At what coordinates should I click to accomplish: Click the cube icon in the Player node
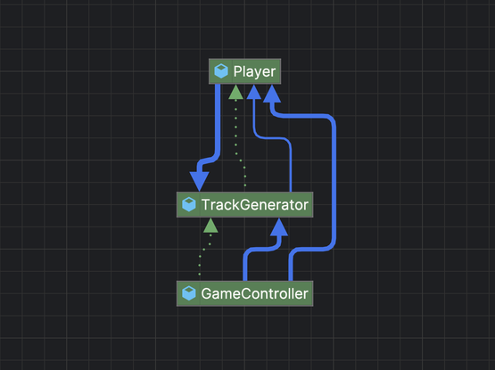click(221, 71)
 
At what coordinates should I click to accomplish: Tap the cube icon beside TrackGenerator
click(189, 204)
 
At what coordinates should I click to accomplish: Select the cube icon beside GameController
click(189, 293)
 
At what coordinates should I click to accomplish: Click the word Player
click(254, 71)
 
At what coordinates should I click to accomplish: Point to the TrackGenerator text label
click(255, 205)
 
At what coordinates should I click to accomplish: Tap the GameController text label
click(254, 294)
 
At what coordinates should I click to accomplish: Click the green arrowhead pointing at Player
click(235, 92)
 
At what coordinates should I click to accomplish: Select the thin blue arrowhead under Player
click(254, 92)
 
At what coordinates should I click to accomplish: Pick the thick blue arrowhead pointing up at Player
click(272, 94)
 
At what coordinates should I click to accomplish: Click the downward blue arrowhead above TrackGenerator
click(199, 182)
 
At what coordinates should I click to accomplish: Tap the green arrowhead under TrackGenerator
click(210, 225)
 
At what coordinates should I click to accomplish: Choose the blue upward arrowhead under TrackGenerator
click(279, 226)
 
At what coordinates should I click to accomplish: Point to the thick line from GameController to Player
click(334, 183)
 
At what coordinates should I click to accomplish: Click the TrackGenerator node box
click(244, 204)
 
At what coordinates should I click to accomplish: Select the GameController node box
click(244, 293)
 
